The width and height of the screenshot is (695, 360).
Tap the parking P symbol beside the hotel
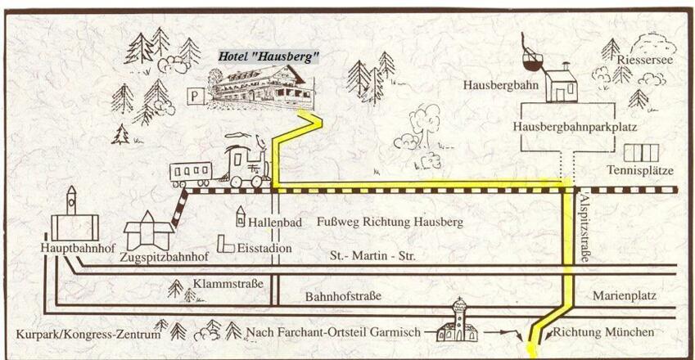(195, 96)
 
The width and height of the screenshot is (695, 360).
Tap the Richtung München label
(604, 332)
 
